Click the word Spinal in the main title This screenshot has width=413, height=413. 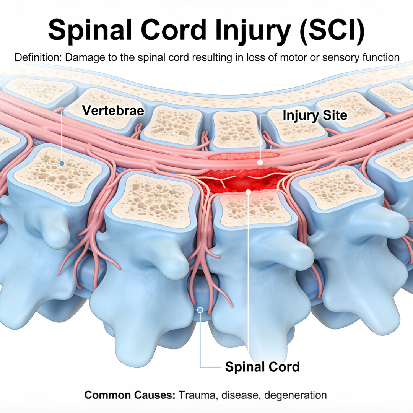point(90,30)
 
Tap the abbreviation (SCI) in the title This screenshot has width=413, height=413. point(332,30)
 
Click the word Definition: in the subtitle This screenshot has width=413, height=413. point(38,57)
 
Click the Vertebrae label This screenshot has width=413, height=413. point(113,111)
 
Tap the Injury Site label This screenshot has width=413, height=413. point(315,115)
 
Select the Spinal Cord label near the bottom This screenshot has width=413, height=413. point(262,367)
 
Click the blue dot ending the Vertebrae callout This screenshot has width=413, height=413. point(62,163)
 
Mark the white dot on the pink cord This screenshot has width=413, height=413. point(260,162)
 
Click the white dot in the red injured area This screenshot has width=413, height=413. point(248,192)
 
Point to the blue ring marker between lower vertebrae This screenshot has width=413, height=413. point(200,310)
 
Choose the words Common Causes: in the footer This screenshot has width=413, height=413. point(130,395)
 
